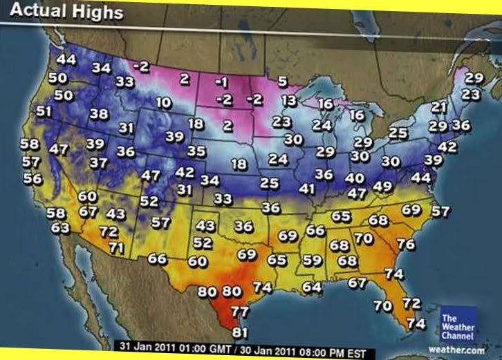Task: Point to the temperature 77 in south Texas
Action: click(x=240, y=311)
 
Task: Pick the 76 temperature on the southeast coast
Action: click(x=406, y=245)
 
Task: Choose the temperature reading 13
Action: click(x=289, y=101)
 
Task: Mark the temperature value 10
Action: click(x=164, y=103)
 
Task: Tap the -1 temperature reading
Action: click(x=221, y=82)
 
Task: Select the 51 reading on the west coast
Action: click(x=44, y=111)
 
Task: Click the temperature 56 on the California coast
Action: click(x=32, y=178)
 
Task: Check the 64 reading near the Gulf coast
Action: click(x=312, y=286)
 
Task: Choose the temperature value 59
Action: click(x=313, y=260)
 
